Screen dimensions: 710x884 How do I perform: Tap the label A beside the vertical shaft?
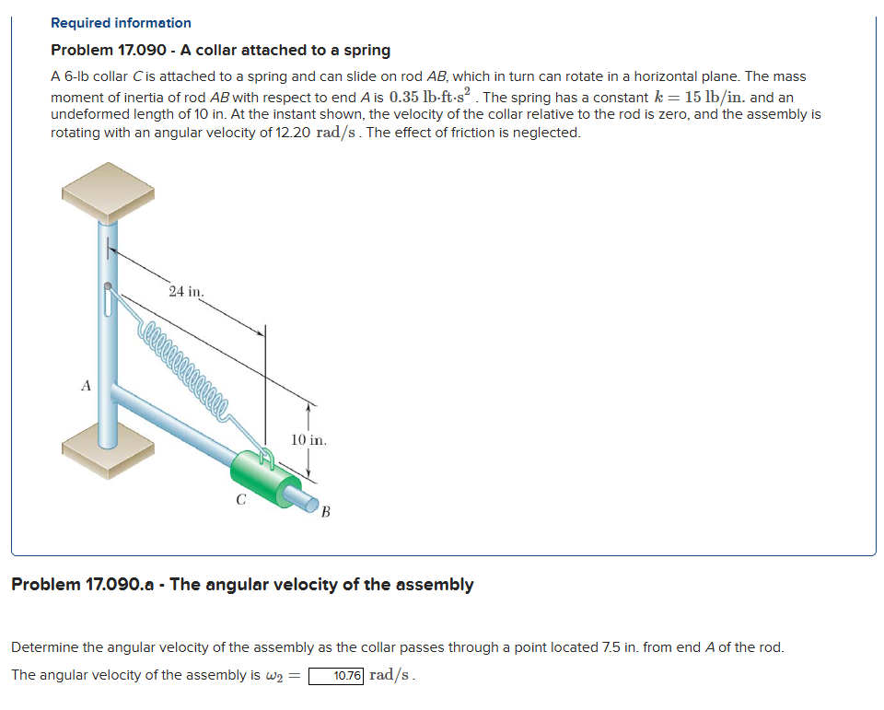click(x=86, y=387)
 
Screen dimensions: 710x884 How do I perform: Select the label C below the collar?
click(x=240, y=502)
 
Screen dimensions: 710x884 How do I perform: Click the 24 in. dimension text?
click(x=187, y=292)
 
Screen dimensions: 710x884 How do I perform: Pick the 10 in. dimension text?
click(x=308, y=440)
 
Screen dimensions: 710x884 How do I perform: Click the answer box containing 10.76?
click(x=336, y=676)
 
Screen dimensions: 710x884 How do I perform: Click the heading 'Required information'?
click(x=121, y=23)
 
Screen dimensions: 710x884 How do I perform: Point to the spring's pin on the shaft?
click(x=110, y=287)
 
